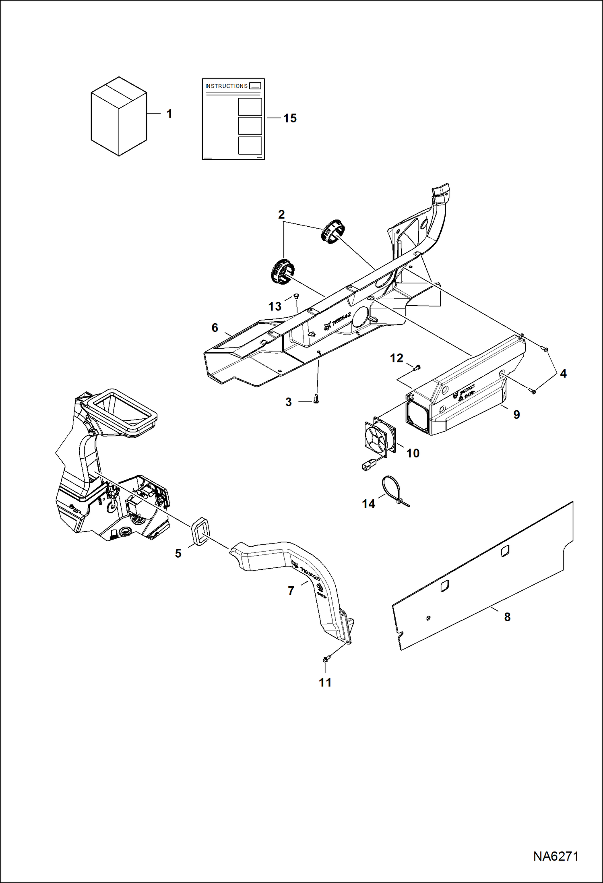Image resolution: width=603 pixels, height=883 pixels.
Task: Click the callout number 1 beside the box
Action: [169, 114]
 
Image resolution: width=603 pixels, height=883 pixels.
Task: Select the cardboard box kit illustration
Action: [119, 117]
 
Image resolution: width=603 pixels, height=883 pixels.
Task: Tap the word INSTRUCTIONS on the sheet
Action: [226, 86]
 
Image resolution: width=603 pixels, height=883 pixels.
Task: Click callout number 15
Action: [290, 118]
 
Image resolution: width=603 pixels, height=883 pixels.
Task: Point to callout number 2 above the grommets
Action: [281, 214]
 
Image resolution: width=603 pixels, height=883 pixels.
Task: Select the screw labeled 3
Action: [316, 399]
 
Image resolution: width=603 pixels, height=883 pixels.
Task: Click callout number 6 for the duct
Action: [215, 328]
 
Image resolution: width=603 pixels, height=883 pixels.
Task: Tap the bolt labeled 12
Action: [417, 367]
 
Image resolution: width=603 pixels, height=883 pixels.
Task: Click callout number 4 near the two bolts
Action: [563, 374]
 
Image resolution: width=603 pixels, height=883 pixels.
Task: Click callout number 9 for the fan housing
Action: [516, 414]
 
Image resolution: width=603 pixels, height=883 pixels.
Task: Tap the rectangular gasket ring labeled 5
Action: [200, 532]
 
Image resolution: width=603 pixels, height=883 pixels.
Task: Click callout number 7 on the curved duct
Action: [291, 591]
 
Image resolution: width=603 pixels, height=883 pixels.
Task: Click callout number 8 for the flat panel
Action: [507, 617]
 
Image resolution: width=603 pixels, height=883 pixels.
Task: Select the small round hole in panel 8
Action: [429, 618]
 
